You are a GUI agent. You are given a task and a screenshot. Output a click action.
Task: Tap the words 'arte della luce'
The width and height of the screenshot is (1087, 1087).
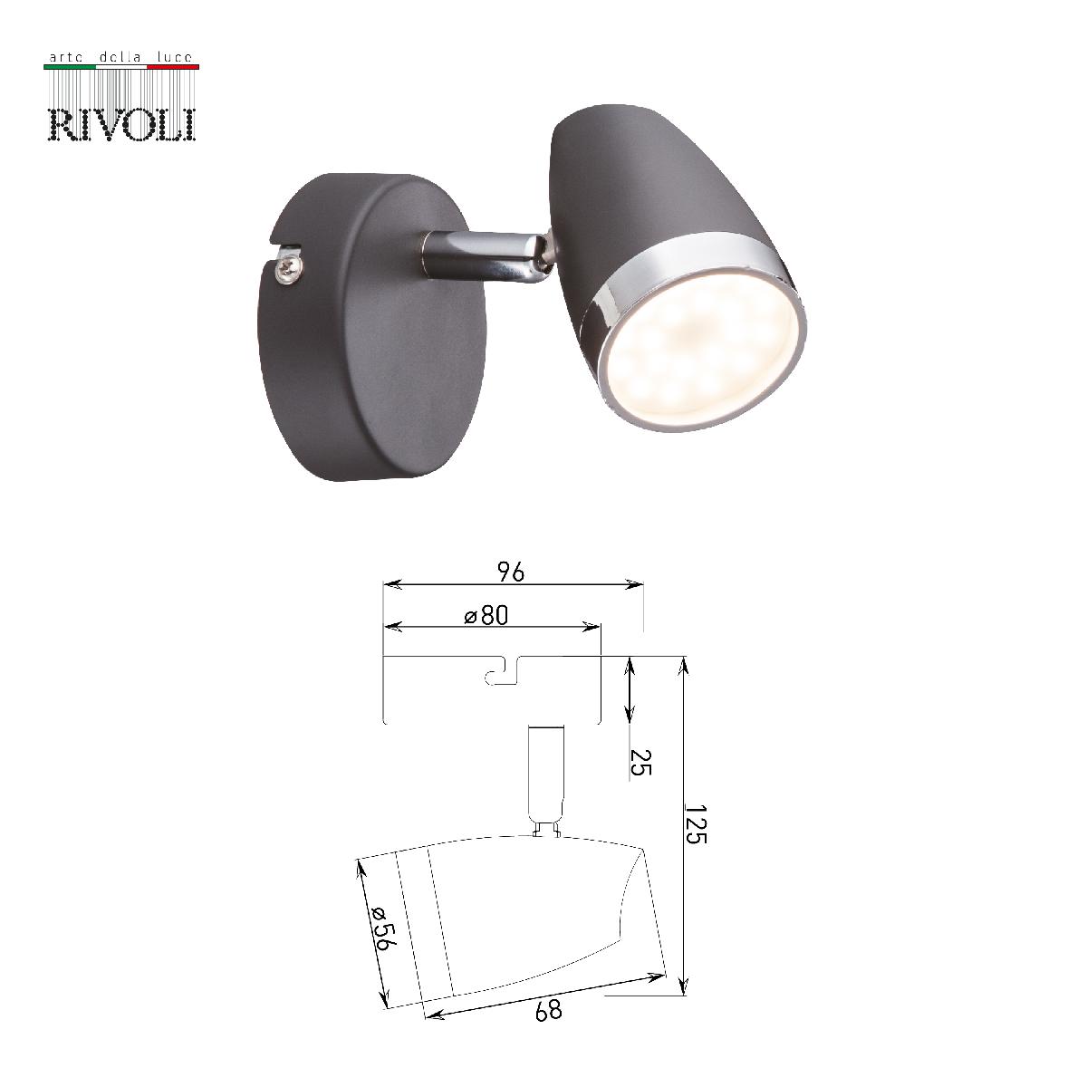(x=121, y=58)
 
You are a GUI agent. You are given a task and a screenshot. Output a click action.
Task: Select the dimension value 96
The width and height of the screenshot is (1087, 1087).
(x=511, y=572)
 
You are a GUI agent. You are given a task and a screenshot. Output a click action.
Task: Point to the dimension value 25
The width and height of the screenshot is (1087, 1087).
(x=640, y=763)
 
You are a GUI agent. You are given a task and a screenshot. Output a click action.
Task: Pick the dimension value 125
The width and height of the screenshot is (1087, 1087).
(x=696, y=822)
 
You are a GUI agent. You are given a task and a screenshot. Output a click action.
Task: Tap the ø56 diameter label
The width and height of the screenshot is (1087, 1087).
(x=382, y=927)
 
